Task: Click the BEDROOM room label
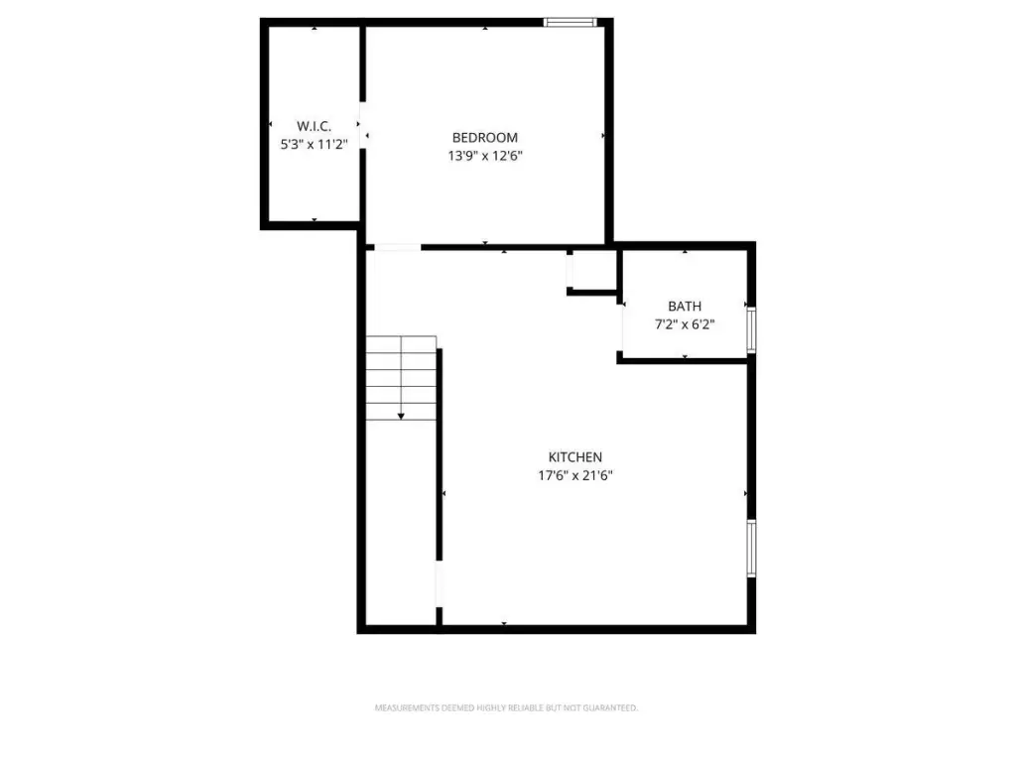pos(484,137)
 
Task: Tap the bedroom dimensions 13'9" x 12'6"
pos(484,156)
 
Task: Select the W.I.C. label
pos(314,126)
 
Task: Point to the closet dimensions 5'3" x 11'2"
pos(314,144)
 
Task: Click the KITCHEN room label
pos(574,456)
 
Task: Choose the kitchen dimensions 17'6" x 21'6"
pos(574,475)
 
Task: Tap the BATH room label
pos(685,306)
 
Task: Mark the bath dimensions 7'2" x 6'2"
pos(685,324)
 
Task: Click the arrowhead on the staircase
pos(401,416)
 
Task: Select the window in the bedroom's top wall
pos(570,22)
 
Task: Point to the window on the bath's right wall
pos(751,329)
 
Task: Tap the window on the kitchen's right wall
pos(751,548)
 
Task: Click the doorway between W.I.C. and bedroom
pos(363,125)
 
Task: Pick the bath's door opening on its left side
pos(621,327)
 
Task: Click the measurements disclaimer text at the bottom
pos(506,708)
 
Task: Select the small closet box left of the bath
pos(591,272)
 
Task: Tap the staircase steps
pos(401,378)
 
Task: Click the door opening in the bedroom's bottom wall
pos(397,247)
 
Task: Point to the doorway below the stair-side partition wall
pos(440,583)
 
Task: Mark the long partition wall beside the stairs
pos(440,454)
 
